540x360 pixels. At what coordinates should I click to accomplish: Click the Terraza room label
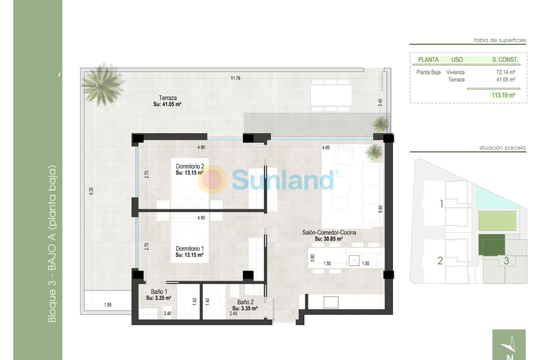tap(167, 98)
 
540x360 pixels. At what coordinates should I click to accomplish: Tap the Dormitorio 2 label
tap(190, 166)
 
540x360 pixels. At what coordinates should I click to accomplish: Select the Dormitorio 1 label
tap(190, 248)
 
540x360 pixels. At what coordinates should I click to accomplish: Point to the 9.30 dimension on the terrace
tap(91, 192)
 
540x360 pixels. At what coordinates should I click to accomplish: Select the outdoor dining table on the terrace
tap(331, 95)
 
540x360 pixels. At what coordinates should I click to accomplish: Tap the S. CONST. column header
tap(505, 59)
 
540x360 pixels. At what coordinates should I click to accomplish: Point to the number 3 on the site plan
tap(506, 260)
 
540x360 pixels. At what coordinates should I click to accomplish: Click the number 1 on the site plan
tap(441, 204)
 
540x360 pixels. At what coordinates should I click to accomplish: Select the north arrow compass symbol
tap(511, 346)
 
